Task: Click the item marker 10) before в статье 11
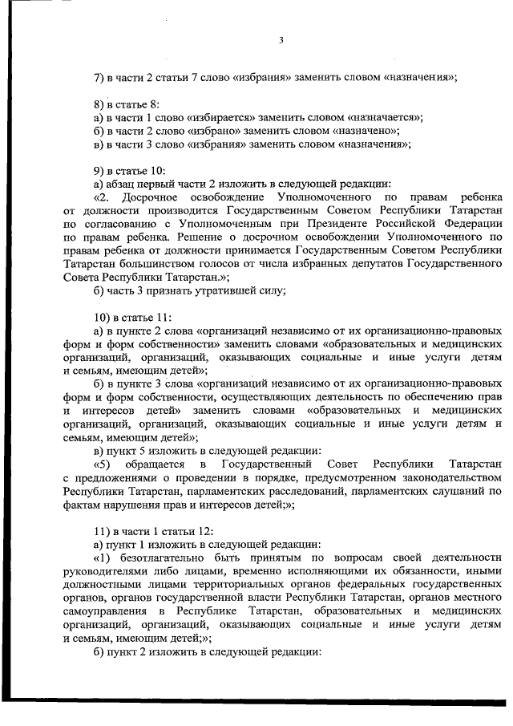[103, 316]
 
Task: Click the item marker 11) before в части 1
[103, 530]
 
